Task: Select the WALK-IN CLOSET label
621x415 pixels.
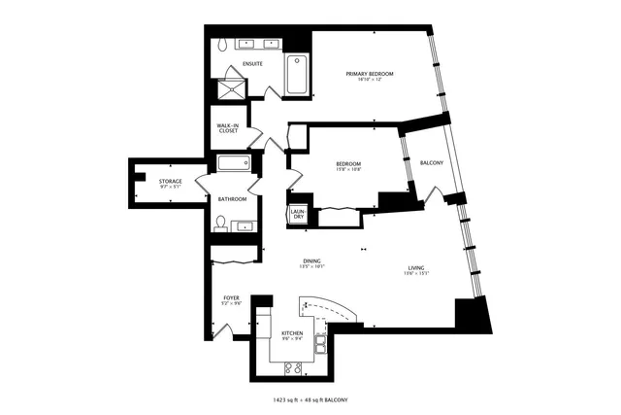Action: coord(228,127)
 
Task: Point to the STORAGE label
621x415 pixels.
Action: coord(171,181)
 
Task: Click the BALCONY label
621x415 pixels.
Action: coord(432,162)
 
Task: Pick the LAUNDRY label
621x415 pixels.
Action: coord(299,214)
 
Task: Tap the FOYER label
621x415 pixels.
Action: coord(231,297)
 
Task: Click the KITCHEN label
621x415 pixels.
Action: coord(291,333)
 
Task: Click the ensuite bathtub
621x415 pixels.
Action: coord(298,75)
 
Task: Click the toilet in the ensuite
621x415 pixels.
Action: coord(222,44)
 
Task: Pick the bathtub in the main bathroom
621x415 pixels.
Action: coord(234,164)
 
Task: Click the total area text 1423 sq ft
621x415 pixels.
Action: coord(292,399)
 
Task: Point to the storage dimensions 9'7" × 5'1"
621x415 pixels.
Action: coord(171,189)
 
